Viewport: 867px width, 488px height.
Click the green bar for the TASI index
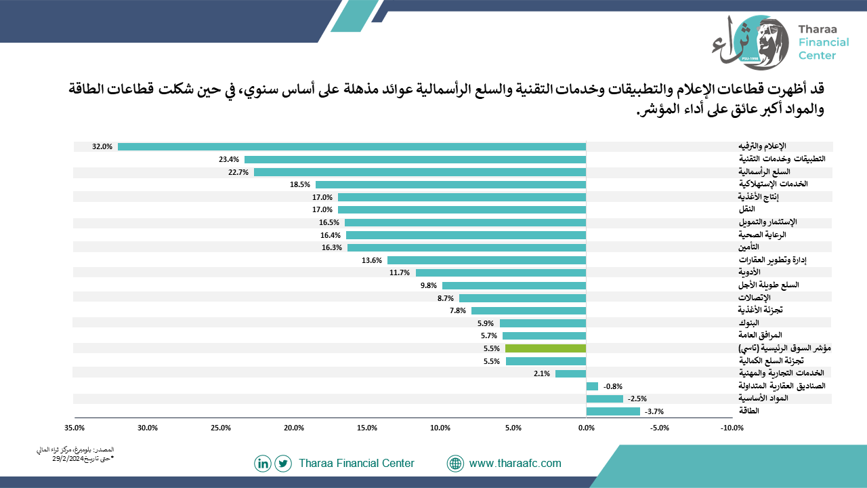click(x=545, y=348)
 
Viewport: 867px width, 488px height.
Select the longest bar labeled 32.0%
click(x=352, y=147)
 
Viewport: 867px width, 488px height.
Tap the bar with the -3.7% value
click(x=613, y=411)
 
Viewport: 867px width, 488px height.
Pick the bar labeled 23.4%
click(x=415, y=159)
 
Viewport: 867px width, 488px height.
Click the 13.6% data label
click(x=372, y=260)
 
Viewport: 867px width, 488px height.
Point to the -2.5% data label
click(x=637, y=399)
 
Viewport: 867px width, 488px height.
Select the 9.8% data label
click(x=429, y=285)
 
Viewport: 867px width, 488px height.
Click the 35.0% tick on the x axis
click(x=75, y=428)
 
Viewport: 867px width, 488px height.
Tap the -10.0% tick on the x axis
click(x=732, y=428)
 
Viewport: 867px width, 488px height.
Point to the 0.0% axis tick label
click(x=587, y=428)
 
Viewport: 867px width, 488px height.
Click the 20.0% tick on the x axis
click(x=294, y=428)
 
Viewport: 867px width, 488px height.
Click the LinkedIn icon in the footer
click(x=263, y=464)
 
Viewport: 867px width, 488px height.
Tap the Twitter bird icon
click(x=283, y=464)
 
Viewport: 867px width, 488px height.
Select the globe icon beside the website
click(x=455, y=464)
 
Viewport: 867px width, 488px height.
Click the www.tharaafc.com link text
click(x=515, y=463)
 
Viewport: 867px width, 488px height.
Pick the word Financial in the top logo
click(x=824, y=42)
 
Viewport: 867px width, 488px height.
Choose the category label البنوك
click(x=749, y=323)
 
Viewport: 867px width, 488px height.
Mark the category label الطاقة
click(x=749, y=411)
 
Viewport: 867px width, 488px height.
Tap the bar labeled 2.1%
click(x=570, y=373)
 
